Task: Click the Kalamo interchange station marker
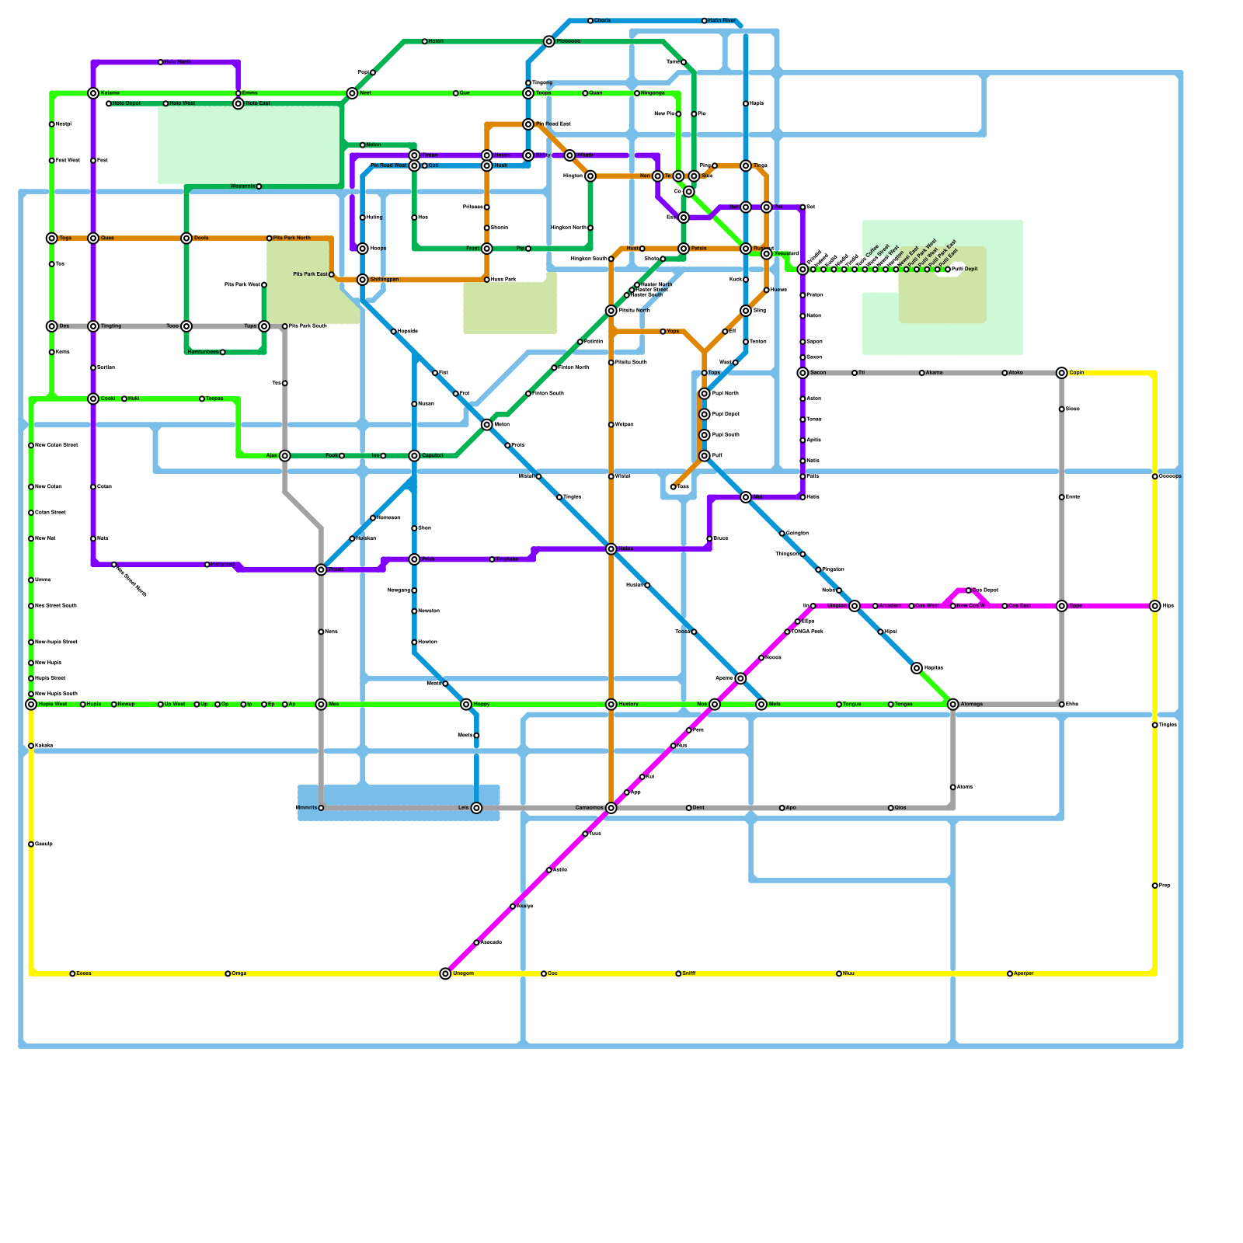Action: point(93,93)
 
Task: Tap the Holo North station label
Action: point(178,62)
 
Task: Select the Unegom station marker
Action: point(445,973)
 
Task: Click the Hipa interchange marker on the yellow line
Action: point(1155,606)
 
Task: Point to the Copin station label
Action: point(1077,373)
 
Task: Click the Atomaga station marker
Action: point(953,705)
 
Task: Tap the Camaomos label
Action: point(589,808)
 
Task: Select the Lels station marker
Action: point(476,808)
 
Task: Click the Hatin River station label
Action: point(722,21)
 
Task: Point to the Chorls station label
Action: point(603,21)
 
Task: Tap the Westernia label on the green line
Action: point(242,186)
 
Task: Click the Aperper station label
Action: point(1024,973)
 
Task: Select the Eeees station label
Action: point(84,973)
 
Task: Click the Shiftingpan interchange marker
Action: point(363,280)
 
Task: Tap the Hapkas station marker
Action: point(917,668)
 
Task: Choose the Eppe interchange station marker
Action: point(1062,606)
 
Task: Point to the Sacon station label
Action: point(818,373)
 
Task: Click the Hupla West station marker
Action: point(31,705)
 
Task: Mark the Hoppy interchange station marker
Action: point(466,705)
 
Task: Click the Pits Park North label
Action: point(292,238)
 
